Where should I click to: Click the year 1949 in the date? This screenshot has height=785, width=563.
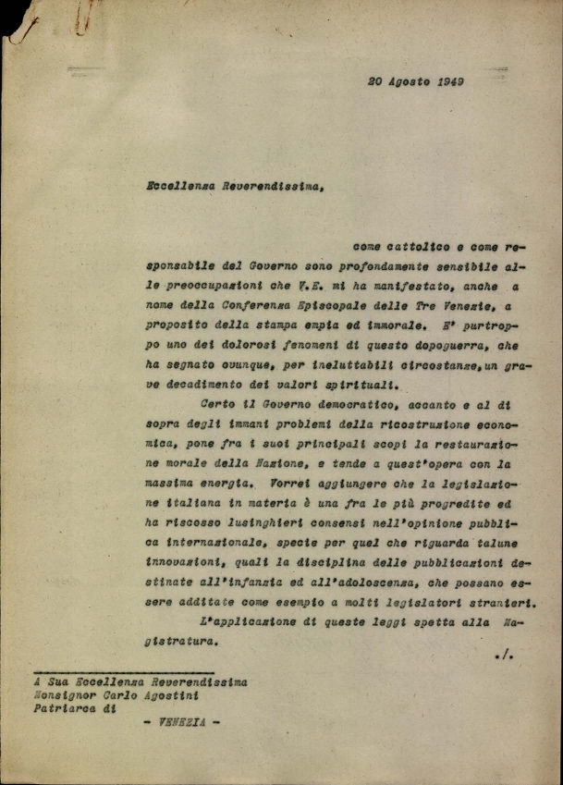[447, 81]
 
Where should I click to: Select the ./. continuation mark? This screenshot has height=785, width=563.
[504, 656]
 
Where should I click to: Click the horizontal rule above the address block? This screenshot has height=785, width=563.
[123, 671]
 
